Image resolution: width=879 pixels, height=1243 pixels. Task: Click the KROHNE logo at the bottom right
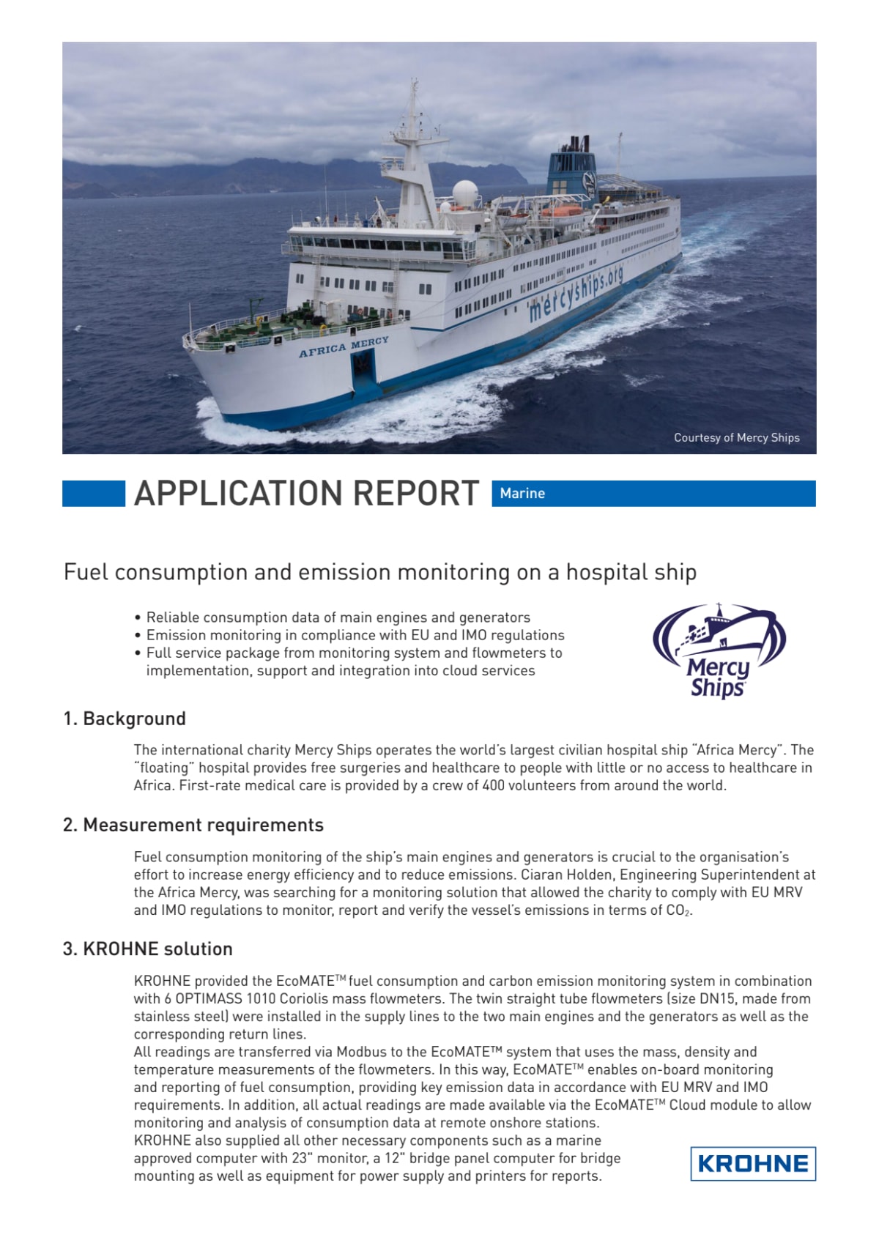[x=752, y=1163]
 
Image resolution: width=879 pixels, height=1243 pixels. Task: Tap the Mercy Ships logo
[x=719, y=651]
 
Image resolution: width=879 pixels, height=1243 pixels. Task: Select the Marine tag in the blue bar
[x=522, y=494]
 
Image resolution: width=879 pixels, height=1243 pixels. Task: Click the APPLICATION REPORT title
[x=307, y=494]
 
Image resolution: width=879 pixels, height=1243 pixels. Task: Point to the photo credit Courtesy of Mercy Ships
[x=736, y=437]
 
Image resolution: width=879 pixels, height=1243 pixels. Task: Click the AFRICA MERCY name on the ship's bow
[x=344, y=347]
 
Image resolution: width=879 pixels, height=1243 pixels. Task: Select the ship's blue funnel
[x=571, y=168]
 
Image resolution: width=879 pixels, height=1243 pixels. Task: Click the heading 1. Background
[x=125, y=719]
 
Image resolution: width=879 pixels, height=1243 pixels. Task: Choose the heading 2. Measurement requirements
[x=193, y=825]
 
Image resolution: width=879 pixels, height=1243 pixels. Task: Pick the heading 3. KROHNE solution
[x=148, y=949]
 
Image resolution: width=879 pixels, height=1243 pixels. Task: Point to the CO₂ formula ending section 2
[x=678, y=910]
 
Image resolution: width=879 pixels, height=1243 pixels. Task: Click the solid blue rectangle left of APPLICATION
[x=94, y=494]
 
